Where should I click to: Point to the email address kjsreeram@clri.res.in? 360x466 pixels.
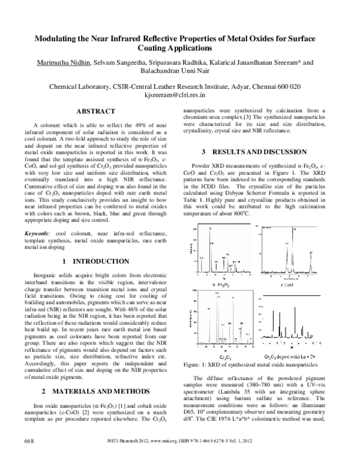coord(179,95)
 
